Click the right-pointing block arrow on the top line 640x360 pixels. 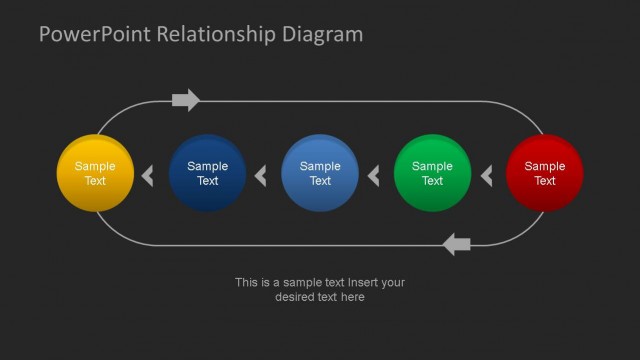tap(186, 100)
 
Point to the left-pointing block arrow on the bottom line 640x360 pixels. tap(456, 243)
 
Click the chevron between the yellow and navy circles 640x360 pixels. tap(148, 177)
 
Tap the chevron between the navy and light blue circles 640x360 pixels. tap(261, 177)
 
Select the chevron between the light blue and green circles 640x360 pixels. tap(374, 177)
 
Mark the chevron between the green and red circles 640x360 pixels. tap(487, 177)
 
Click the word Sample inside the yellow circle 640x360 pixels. tap(95, 167)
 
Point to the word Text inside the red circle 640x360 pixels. tap(545, 181)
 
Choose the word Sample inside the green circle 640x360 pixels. tap(432, 167)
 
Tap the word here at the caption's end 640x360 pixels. tap(353, 297)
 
